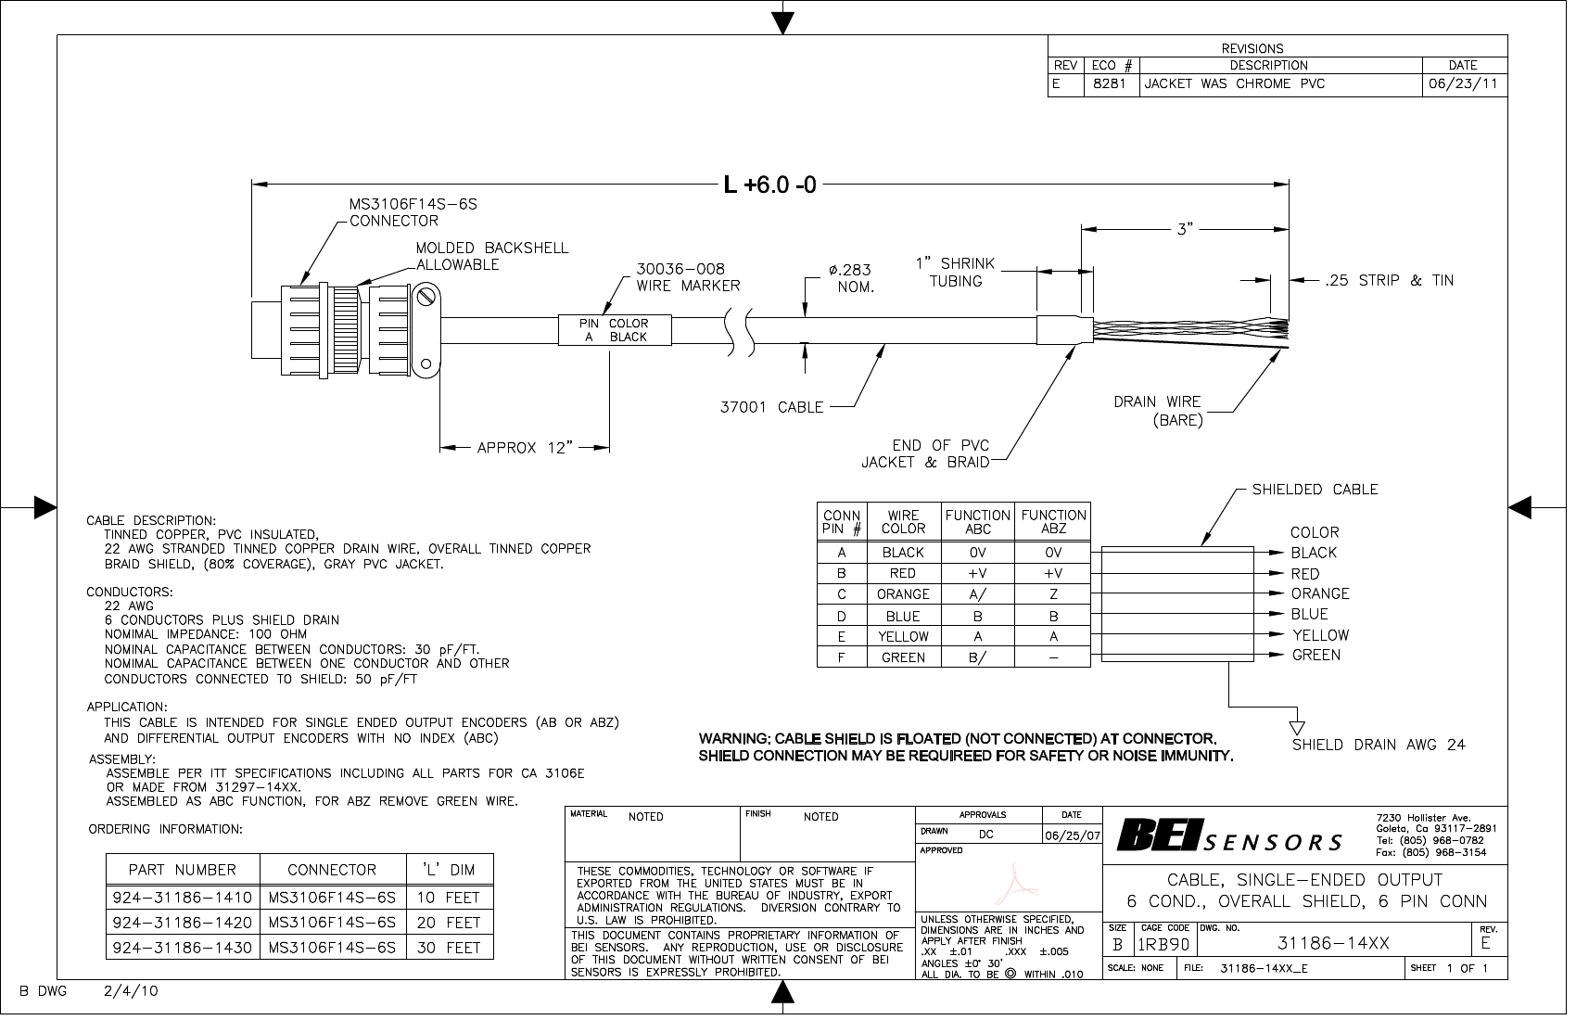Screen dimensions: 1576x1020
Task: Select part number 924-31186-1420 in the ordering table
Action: coord(183,928)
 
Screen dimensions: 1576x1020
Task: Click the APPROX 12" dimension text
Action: coord(527,450)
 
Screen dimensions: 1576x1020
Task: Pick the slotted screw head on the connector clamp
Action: coord(427,299)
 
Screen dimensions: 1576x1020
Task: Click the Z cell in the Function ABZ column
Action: coord(1059,598)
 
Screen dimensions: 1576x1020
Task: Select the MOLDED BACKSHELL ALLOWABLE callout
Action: coord(495,258)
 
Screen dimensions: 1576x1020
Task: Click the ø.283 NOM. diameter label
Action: coord(857,280)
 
